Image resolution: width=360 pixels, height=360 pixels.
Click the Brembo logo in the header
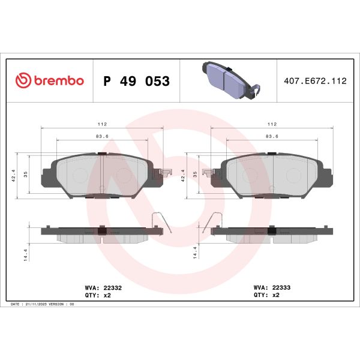point(49,80)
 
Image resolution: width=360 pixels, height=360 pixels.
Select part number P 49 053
point(137,81)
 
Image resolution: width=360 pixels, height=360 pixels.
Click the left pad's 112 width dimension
point(103,124)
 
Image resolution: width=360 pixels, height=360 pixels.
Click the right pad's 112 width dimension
point(272,124)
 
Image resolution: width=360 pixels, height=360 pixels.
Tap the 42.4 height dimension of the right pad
point(184,175)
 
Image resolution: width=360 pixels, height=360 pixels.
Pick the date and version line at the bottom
point(43,305)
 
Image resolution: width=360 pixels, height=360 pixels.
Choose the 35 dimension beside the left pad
point(25,175)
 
